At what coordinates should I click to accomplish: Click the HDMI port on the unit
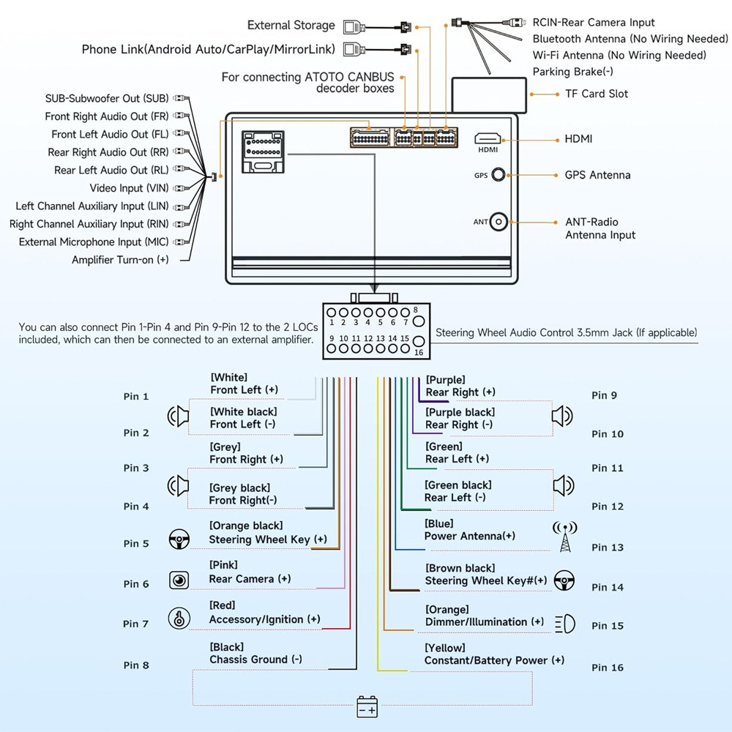488,138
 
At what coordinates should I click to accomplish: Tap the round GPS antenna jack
498,175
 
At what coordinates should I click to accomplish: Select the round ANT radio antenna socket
498,222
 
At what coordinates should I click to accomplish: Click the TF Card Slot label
596,94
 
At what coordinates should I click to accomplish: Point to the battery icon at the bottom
367,706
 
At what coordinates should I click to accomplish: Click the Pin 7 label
136,624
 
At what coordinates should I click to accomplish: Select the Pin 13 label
608,547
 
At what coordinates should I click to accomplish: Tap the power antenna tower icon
565,536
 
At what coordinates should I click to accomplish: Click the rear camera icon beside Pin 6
179,580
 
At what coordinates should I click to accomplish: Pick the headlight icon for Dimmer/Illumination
565,624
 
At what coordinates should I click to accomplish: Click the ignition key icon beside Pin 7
179,619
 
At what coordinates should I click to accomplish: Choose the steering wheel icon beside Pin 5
179,539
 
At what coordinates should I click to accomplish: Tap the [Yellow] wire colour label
445,648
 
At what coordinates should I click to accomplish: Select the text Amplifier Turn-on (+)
120,260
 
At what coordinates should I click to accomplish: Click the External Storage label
291,25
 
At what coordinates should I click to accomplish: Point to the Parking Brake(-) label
573,72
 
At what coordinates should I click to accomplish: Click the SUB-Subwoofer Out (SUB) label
107,98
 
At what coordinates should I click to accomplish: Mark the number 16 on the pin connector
419,353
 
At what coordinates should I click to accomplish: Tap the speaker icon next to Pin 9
562,416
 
